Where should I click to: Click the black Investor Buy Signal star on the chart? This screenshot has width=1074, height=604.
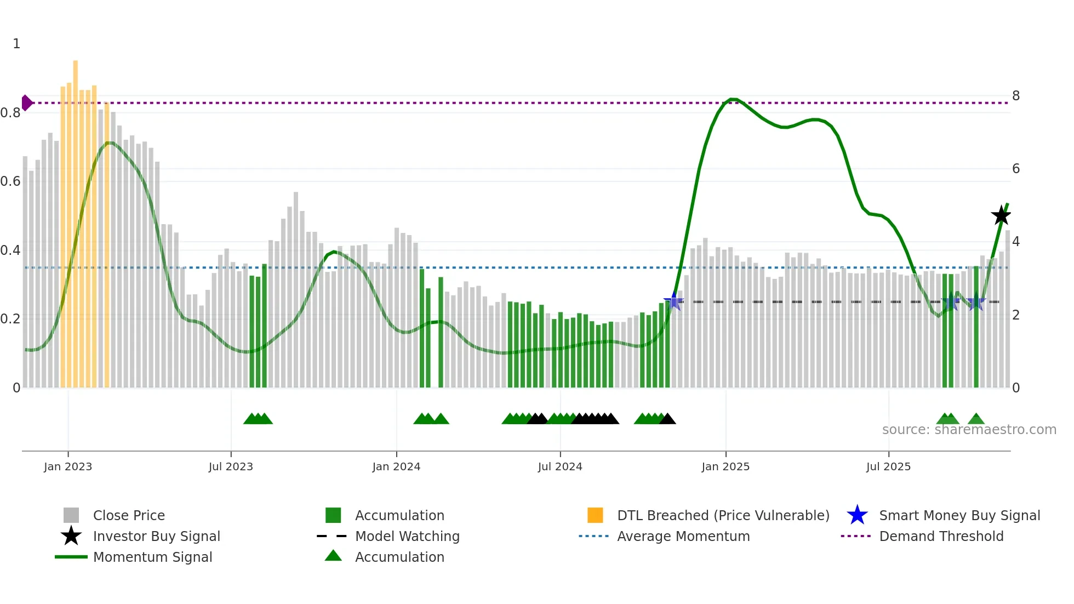click(x=1001, y=215)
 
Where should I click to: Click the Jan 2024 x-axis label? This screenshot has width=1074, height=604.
click(x=396, y=466)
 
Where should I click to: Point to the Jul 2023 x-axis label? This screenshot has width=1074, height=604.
click(x=231, y=466)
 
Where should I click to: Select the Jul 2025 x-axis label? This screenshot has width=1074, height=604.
click(x=888, y=466)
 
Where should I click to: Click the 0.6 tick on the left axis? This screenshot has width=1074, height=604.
click(x=11, y=181)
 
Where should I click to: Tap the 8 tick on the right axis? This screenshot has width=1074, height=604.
click(x=1016, y=96)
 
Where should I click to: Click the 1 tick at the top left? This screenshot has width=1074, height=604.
click(x=16, y=44)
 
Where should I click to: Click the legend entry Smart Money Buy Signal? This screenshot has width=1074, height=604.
click(x=959, y=515)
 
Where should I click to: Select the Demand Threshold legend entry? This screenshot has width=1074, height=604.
click(x=941, y=536)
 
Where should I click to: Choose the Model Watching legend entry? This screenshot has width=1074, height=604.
click(x=407, y=536)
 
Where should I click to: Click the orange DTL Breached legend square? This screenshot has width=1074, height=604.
click(x=595, y=515)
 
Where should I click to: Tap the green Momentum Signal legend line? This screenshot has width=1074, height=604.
click(x=71, y=557)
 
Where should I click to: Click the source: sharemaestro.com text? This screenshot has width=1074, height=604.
click(x=969, y=430)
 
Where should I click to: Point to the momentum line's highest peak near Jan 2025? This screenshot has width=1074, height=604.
click(x=733, y=99)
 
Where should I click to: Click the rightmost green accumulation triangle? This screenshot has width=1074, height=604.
click(x=976, y=419)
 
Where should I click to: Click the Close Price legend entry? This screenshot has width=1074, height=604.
click(x=128, y=515)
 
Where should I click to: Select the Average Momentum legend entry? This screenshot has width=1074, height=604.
click(x=683, y=536)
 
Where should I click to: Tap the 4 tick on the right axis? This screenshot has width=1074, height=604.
click(x=1016, y=242)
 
